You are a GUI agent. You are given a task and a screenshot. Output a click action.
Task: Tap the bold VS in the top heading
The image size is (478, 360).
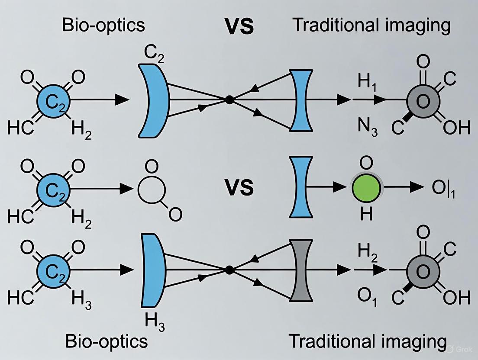239,26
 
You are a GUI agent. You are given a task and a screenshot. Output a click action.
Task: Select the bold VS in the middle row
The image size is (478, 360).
239,188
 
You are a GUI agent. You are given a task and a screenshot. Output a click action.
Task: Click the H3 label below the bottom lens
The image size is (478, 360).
155,322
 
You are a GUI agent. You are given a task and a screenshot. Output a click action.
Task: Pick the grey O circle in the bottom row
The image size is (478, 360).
423,271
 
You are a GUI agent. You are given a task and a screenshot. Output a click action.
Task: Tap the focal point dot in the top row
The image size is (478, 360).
229,100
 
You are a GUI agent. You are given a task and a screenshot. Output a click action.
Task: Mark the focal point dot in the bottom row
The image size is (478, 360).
229,270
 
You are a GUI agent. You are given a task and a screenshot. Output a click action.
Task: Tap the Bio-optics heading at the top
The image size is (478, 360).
103,25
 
